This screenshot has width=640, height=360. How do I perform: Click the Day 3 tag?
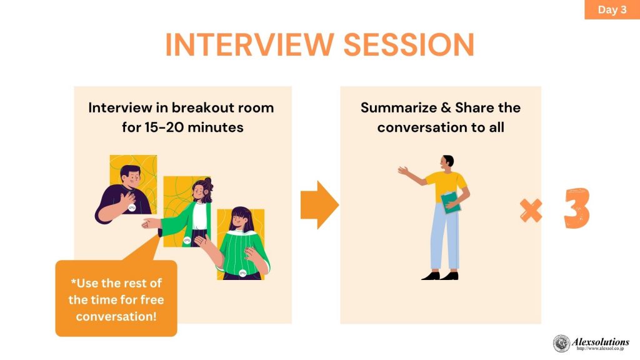coord(612,9)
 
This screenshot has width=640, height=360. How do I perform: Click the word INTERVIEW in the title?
coord(249,44)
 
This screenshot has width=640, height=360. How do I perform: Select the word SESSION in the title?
coord(409,44)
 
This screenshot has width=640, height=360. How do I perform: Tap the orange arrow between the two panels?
coord(319,205)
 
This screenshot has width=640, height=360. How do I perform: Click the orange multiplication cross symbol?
coord(531,211)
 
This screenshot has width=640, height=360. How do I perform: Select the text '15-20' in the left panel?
coord(163,127)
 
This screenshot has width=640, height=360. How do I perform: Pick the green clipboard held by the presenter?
coord(451,202)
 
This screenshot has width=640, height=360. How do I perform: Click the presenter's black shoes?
coord(440,276)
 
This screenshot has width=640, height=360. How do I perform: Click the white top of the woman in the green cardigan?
coord(199,216)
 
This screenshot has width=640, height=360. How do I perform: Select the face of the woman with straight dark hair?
coord(241,221)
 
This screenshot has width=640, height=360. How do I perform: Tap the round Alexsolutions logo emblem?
coord(562,343)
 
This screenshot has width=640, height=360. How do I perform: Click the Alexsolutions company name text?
coord(601,342)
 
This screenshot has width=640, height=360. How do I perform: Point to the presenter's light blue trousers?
coord(444,237)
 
